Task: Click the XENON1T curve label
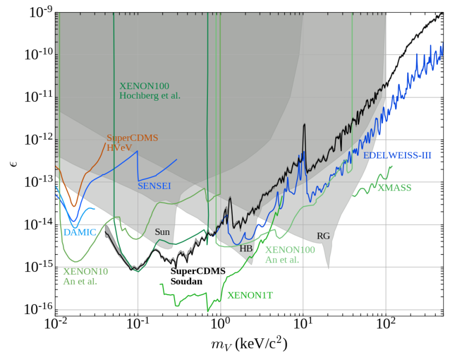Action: click(250, 295)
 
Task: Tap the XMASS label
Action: click(395, 188)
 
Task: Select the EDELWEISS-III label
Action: click(397, 156)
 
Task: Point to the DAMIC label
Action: click(80, 233)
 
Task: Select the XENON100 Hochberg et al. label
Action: click(150, 91)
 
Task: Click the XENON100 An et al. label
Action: click(290, 255)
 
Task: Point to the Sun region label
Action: click(162, 232)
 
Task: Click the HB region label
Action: click(246, 249)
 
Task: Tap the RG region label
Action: click(323, 236)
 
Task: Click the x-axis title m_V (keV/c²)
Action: click(248, 344)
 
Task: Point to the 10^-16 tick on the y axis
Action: click(38, 308)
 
